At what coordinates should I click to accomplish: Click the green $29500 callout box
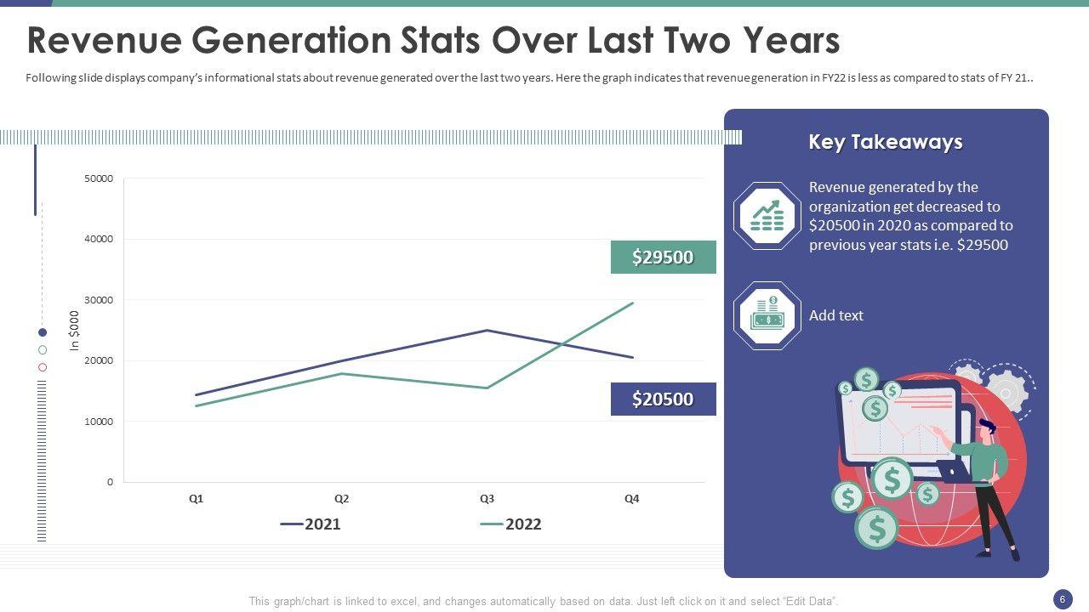tap(663, 257)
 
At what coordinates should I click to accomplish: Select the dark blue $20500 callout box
tap(663, 399)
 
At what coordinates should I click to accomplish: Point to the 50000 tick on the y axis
tap(99, 178)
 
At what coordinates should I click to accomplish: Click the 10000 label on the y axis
tap(99, 422)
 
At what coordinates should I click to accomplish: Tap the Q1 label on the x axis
tap(196, 499)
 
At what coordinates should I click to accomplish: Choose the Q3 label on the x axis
tap(487, 499)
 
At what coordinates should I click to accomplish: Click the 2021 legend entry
tap(311, 524)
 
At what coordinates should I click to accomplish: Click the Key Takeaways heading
tap(885, 142)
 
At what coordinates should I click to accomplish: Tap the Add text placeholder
tap(835, 315)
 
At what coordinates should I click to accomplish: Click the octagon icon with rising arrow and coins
tap(767, 216)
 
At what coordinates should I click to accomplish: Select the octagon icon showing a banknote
tap(767, 315)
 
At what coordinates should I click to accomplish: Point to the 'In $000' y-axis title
tap(74, 331)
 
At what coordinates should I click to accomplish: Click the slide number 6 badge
tap(1063, 599)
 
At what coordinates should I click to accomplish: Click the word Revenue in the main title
tap(104, 40)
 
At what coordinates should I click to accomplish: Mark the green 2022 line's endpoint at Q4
tap(632, 303)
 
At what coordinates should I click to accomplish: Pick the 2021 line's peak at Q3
tap(487, 331)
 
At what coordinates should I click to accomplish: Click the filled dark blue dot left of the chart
tap(43, 332)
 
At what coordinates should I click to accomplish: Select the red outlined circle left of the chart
tap(43, 367)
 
